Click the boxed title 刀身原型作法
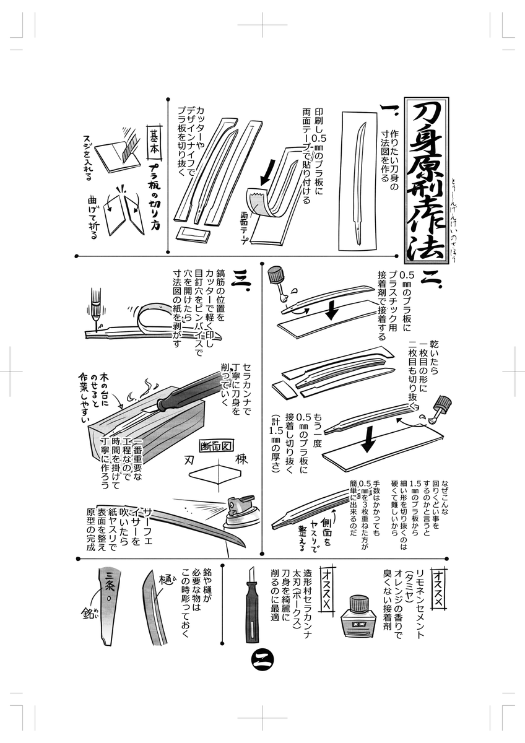click(x=427, y=180)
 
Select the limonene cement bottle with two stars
click(x=358, y=619)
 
